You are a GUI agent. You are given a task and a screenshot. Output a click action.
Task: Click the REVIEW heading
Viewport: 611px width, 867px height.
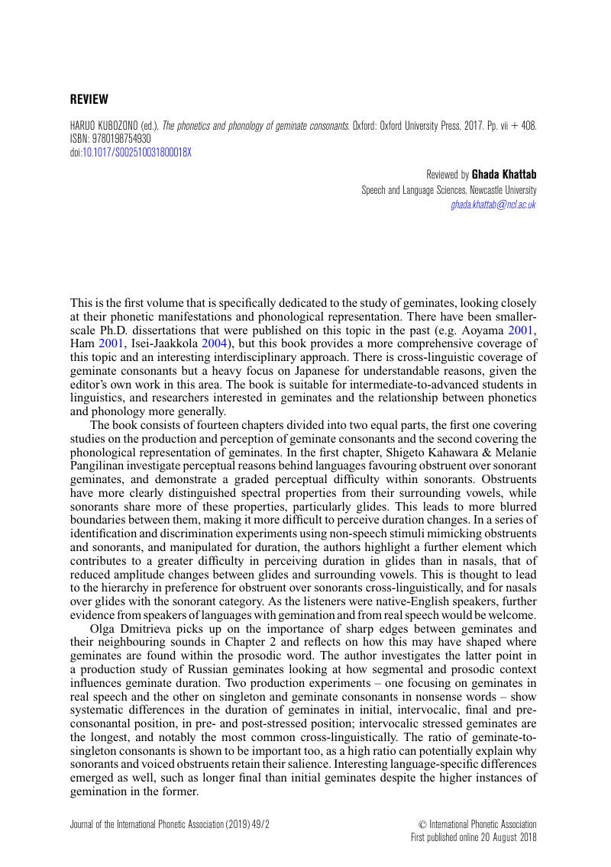(89, 99)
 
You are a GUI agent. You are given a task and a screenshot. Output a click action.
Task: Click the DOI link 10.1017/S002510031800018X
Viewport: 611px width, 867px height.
(137, 152)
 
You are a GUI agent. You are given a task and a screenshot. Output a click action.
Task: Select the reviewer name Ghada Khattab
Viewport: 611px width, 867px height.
(504, 175)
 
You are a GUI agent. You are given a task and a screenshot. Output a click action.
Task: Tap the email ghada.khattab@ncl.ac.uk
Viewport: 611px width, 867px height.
(493, 205)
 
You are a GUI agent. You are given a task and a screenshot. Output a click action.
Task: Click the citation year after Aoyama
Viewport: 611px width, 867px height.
(523, 328)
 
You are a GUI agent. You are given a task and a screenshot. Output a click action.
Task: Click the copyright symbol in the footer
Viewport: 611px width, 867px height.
(422, 824)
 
